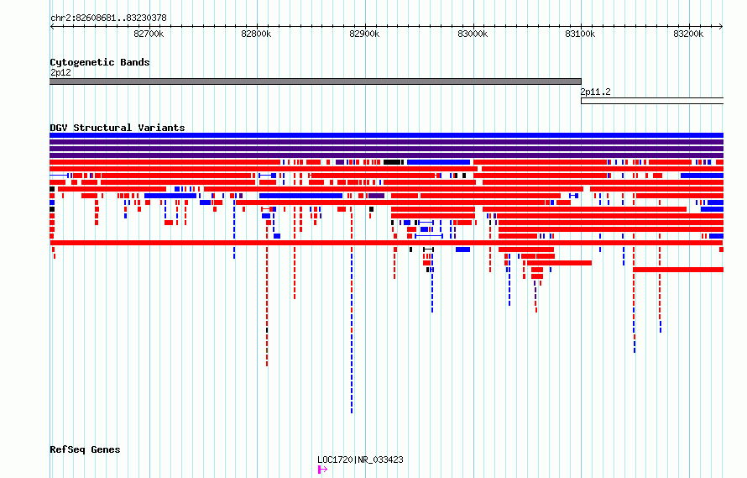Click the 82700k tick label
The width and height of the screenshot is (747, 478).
pos(149,34)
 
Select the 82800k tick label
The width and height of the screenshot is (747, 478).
pos(256,34)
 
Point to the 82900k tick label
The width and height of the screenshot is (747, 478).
pos(364,34)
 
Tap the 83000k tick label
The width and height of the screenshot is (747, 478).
pos(473,34)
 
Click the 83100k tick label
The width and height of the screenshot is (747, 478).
pos(580,34)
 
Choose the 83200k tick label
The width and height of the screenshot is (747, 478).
pos(688,34)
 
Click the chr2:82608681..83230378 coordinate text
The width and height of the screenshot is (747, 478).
pos(108,18)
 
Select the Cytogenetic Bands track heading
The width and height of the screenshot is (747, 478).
pos(100,62)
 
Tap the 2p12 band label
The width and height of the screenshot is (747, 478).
pos(60,72)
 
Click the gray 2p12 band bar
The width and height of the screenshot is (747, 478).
pos(316,81)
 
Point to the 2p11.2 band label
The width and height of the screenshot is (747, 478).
pos(595,92)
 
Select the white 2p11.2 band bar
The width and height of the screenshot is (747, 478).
pos(652,101)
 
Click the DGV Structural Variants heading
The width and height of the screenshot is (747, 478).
pos(118,128)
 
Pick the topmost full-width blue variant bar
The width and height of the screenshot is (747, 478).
pos(386,135)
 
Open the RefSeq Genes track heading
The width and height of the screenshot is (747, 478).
pos(85,449)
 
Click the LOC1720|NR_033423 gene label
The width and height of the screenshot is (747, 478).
pos(360,460)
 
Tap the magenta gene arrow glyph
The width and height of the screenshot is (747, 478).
pos(322,470)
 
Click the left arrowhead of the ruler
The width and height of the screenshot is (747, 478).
pos(51,27)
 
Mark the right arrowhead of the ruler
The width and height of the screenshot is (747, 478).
pos(721,27)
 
